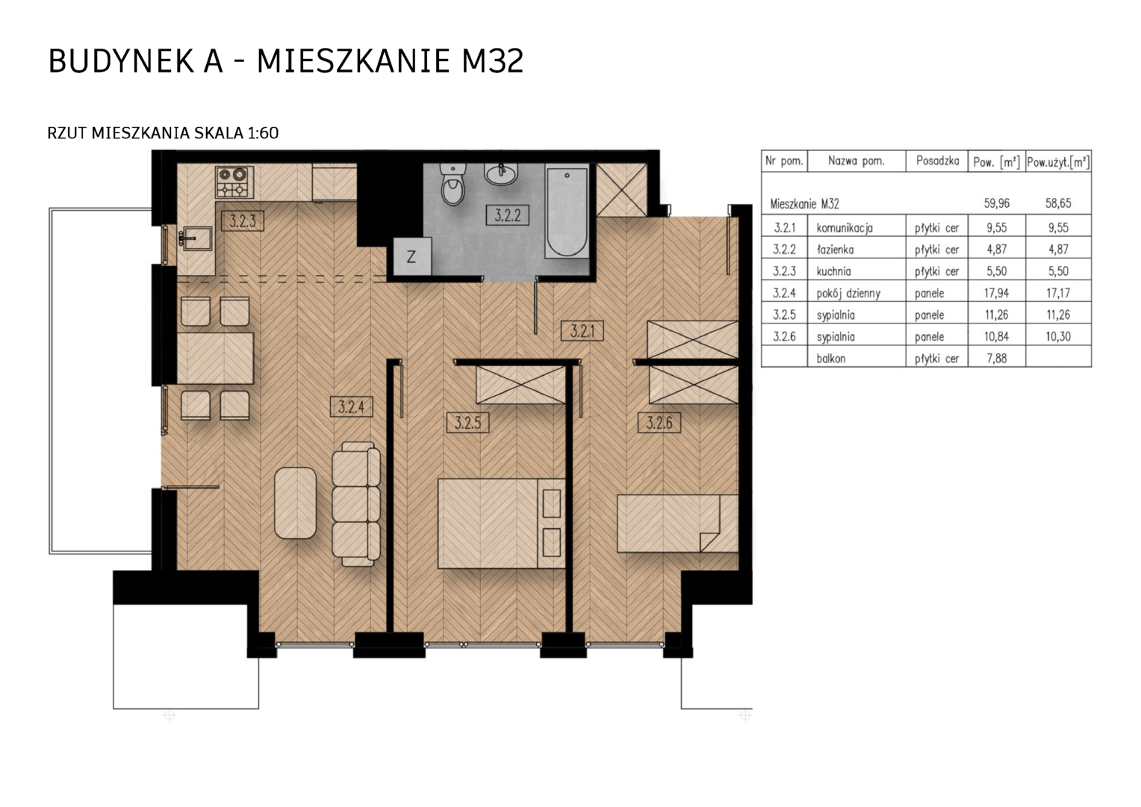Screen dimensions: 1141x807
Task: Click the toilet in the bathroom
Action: (453, 184)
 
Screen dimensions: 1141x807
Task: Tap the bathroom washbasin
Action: (501, 174)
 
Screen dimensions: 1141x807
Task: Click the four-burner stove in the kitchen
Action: (234, 182)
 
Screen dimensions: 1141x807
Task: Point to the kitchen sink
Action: (196, 238)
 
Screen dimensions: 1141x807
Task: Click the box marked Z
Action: (411, 256)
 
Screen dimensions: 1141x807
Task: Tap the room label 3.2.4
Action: (351, 406)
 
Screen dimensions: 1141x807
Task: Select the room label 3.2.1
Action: (582, 331)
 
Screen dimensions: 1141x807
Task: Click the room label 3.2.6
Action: (659, 423)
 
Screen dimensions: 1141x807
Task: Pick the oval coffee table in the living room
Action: (296, 503)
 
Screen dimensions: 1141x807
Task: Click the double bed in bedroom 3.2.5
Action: (502, 523)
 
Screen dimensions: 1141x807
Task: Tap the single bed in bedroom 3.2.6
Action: (677, 523)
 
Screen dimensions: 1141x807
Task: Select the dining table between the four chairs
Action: (215, 358)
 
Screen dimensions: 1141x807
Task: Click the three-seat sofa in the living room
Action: (356, 504)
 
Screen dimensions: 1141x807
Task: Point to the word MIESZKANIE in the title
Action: (353, 62)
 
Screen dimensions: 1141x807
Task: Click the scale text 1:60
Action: (263, 133)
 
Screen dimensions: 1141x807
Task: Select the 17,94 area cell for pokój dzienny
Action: (996, 293)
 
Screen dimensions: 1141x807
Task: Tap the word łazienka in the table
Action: (835, 250)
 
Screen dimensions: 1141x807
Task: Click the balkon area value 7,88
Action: (997, 358)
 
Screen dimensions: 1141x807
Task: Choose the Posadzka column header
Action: (937, 161)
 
